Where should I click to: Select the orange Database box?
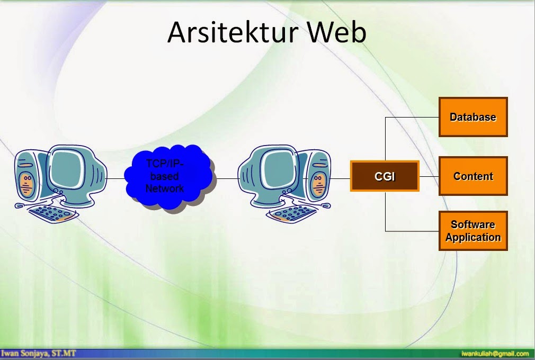tap(473, 117)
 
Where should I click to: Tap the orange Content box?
tap(473, 176)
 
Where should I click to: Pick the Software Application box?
tap(473, 231)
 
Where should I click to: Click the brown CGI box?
tap(385, 176)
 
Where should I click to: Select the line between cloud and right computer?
tap(227, 178)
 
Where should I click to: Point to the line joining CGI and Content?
tap(429, 177)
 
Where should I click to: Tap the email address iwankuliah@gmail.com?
tap(495, 353)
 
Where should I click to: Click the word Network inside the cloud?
tap(165, 188)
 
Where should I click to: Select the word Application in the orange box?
tap(473, 237)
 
